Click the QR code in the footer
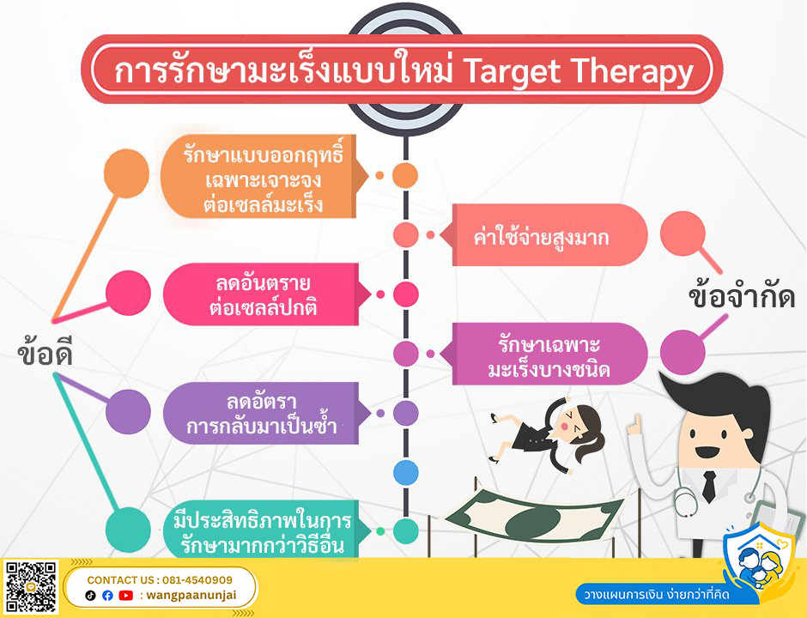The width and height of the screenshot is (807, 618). [x=31, y=587]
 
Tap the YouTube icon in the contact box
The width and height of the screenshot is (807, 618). [x=125, y=596]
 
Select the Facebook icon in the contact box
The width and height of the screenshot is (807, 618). [x=107, y=596]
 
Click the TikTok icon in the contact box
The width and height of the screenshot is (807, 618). [x=91, y=596]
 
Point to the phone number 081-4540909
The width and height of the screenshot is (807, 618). [x=197, y=580]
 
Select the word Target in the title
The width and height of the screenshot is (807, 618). [x=512, y=71]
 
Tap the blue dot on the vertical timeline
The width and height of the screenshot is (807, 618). [x=405, y=472]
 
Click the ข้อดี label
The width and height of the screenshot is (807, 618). [x=45, y=353]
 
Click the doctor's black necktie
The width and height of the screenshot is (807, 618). [x=708, y=487]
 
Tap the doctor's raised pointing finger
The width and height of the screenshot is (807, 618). [x=637, y=423]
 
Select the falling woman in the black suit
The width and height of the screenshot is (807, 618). [x=545, y=433]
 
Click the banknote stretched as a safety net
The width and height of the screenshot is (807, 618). [x=535, y=516]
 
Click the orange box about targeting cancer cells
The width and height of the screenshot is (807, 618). [x=264, y=177]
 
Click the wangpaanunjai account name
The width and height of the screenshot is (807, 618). [x=191, y=596]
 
